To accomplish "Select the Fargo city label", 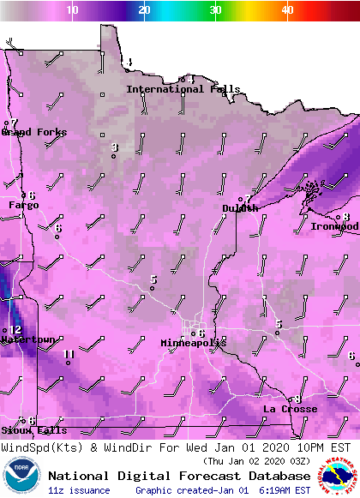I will pyautogui.click(x=24, y=206).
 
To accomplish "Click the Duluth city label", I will pyautogui.click(x=240, y=208).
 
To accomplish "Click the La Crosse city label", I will pyautogui.click(x=290, y=409).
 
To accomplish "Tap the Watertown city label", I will pyautogui.click(x=27, y=339).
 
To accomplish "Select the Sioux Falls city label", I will pyautogui.click(x=33, y=430).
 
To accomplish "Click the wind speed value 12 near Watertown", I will pyautogui.click(x=15, y=330).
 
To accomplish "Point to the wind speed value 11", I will pyautogui.click(x=69, y=354).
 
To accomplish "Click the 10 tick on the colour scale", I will pyautogui.click(x=73, y=9).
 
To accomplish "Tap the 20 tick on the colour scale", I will pyautogui.click(x=145, y=9).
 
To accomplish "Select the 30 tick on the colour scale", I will pyautogui.click(x=216, y=9).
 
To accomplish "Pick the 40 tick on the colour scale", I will pyautogui.click(x=288, y=9).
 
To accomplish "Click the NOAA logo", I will pyautogui.click(x=21, y=476).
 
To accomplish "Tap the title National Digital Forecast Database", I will pyautogui.click(x=179, y=476).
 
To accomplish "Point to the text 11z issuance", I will pyautogui.click(x=79, y=490).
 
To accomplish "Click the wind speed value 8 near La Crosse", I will pyautogui.click(x=297, y=399).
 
